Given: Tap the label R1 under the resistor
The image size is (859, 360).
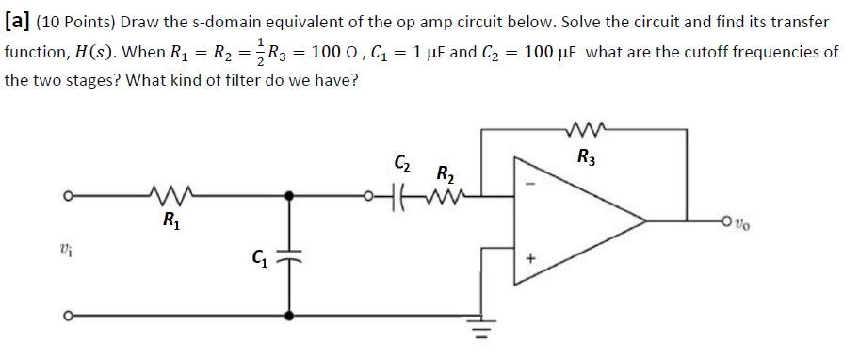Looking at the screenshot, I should tap(171, 223).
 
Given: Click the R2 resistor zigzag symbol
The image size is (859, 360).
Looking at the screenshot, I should tap(434, 196).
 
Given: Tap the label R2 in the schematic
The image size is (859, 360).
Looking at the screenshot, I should tap(444, 172).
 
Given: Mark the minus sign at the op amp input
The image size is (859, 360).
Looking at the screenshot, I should tap(529, 184).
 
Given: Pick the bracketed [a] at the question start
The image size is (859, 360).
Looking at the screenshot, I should tap(17, 21).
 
